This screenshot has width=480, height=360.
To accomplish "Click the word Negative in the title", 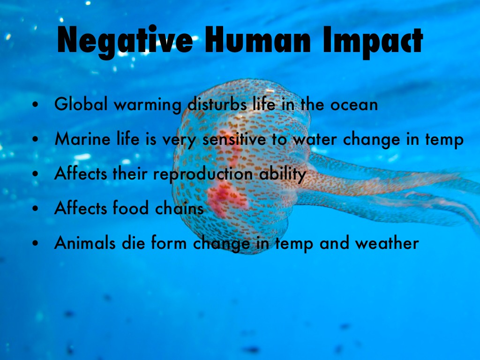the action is (125, 42).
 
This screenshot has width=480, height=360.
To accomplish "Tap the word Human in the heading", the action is (258, 40).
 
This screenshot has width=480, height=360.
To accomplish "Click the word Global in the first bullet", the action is (81, 104).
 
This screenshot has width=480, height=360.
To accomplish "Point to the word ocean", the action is (354, 105).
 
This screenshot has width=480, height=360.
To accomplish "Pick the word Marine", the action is (82, 139).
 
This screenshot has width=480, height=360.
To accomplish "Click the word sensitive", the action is (234, 139).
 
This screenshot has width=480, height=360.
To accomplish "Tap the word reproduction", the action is (203, 174).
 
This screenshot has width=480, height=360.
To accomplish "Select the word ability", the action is (283, 174).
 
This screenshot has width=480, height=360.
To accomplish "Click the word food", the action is (131, 208).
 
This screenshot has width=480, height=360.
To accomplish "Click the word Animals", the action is (85, 243).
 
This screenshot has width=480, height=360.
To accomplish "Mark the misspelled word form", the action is (169, 243).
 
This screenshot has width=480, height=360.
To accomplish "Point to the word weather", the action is (387, 243).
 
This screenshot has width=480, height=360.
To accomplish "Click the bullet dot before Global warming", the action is (36, 105).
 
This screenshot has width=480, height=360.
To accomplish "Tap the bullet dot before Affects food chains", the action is (36, 209).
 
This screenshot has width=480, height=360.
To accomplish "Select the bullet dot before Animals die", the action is (36, 244).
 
